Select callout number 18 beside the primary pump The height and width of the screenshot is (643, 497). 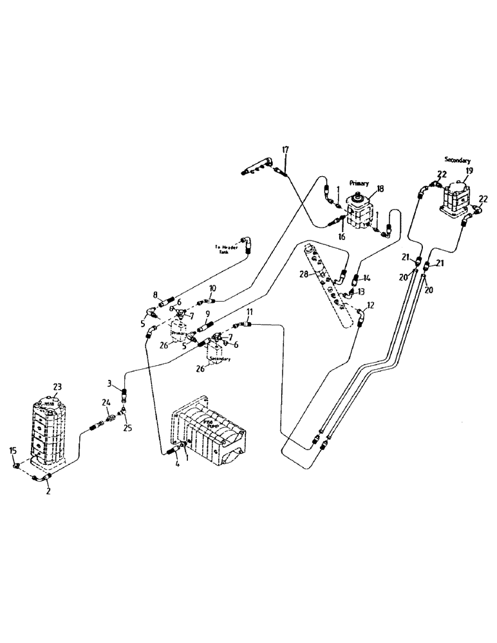tap(380, 188)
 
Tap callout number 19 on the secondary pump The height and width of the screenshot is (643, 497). tap(469, 171)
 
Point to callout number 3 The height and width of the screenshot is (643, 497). tap(110, 384)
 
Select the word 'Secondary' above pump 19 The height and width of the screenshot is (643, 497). tap(457, 159)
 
